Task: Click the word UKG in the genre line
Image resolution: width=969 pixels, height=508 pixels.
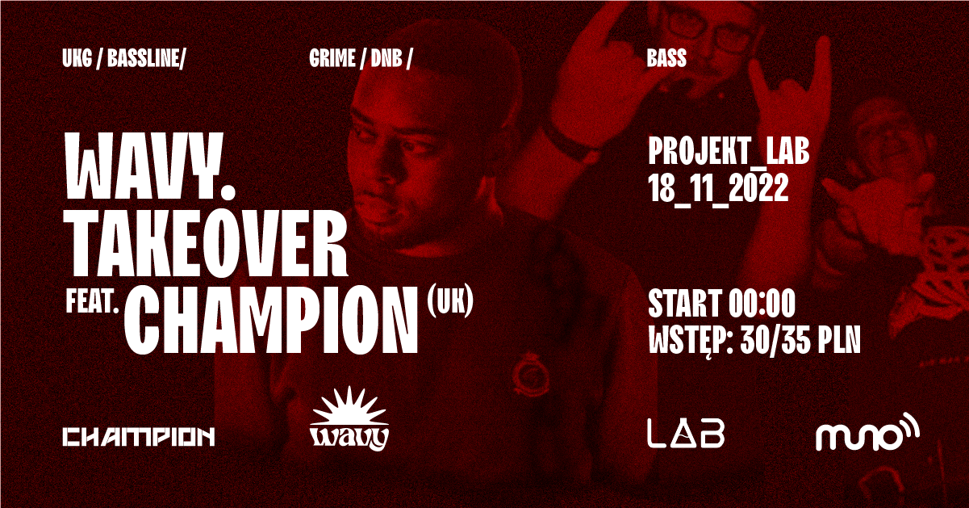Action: pyautogui.click(x=77, y=58)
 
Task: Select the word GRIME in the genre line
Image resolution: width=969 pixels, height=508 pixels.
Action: pyautogui.click(x=332, y=58)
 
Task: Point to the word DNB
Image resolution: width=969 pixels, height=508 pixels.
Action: pyautogui.click(x=386, y=58)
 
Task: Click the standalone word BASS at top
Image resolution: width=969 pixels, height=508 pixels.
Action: pyautogui.click(x=666, y=58)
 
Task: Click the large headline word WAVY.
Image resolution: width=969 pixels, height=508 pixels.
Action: pyautogui.click(x=150, y=166)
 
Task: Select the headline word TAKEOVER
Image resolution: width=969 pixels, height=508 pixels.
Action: pyautogui.click(x=206, y=245)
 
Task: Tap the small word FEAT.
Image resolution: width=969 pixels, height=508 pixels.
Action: pyautogui.click(x=92, y=302)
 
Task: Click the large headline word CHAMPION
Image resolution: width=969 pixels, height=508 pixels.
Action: pyautogui.click(x=272, y=320)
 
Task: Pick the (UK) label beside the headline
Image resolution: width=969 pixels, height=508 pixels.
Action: pyautogui.click(x=450, y=301)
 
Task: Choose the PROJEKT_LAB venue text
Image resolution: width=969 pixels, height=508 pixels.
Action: pyautogui.click(x=729, y=152)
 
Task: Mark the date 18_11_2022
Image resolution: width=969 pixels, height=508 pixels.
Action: pyautogui.click(x=718, y=189)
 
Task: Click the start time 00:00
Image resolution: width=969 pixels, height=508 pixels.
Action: pyautogui.click(x=762, y=304)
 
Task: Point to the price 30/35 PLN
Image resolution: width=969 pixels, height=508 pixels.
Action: pyautogui.click(x=800, y=340)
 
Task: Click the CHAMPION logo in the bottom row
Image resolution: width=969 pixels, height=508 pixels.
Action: pyautogui.click(x=139, y=437)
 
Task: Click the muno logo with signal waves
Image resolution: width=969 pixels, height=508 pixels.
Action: pyautogui.click(x=867, y=433)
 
